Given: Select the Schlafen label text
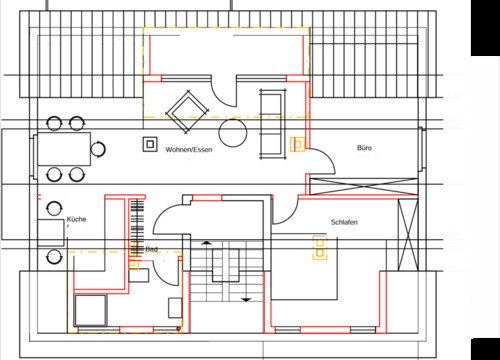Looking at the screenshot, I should [x=344, y=221].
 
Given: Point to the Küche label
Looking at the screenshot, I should [x=76, y=218].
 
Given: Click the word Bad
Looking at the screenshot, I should [x=151, y=249].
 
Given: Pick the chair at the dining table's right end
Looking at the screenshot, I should [x=98, y=150].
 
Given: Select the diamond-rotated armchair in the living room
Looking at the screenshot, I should [x=187, y=109].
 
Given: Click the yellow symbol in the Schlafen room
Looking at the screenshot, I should [x=321, y=246].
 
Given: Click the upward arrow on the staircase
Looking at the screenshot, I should [x=207, y=244].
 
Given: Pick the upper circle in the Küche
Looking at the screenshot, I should [x=54, y=210].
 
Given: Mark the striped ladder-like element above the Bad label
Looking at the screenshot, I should [x=136, y=225].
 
